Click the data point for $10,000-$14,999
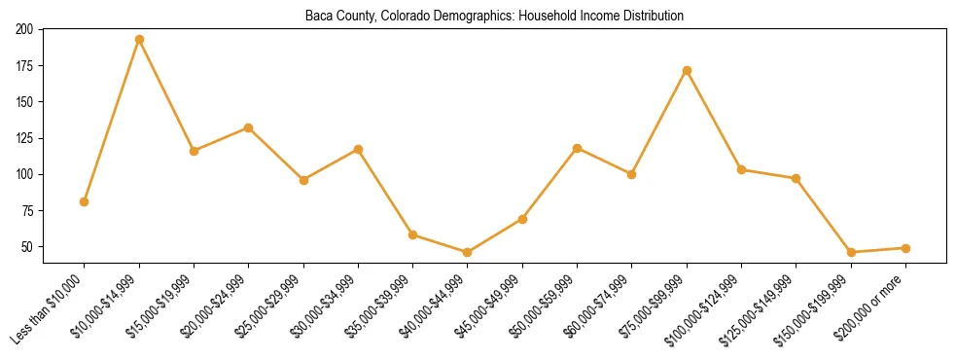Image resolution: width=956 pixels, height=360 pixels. [x=139, y=40]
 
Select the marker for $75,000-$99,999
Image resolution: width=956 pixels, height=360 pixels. [x=687, y=70]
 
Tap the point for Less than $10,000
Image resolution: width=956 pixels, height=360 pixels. [x=85, y=201]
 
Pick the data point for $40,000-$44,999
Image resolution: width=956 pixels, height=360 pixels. [x=468, y=252]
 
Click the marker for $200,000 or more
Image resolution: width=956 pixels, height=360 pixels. [x=905, y=248]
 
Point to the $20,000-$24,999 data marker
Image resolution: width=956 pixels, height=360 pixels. [x=249, y=127]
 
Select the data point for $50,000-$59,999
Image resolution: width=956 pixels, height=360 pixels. [x=578, y=148]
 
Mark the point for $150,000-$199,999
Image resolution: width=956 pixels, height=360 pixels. [x=851, y=252]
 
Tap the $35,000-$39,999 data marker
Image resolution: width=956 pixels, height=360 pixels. [x=413, y=234]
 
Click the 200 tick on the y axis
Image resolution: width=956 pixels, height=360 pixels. [x=24, y=29]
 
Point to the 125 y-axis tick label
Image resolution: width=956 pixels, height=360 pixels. [x=24, y=138]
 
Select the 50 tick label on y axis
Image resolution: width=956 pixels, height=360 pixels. [x=27, y=247]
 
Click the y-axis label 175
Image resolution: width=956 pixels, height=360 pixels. [x=24, y=66]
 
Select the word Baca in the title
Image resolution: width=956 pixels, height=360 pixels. [x=317, y=17]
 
